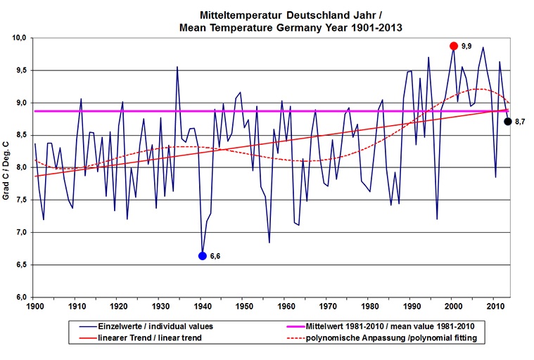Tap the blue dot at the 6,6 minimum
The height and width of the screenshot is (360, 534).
tap(203, 256)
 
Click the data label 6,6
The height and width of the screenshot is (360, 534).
tap(216, 257)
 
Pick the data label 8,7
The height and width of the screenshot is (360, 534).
tap(521, 122)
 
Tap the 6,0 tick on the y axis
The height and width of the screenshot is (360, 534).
tap(20, 297)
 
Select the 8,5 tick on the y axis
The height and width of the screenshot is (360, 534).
tap(20, 135)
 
